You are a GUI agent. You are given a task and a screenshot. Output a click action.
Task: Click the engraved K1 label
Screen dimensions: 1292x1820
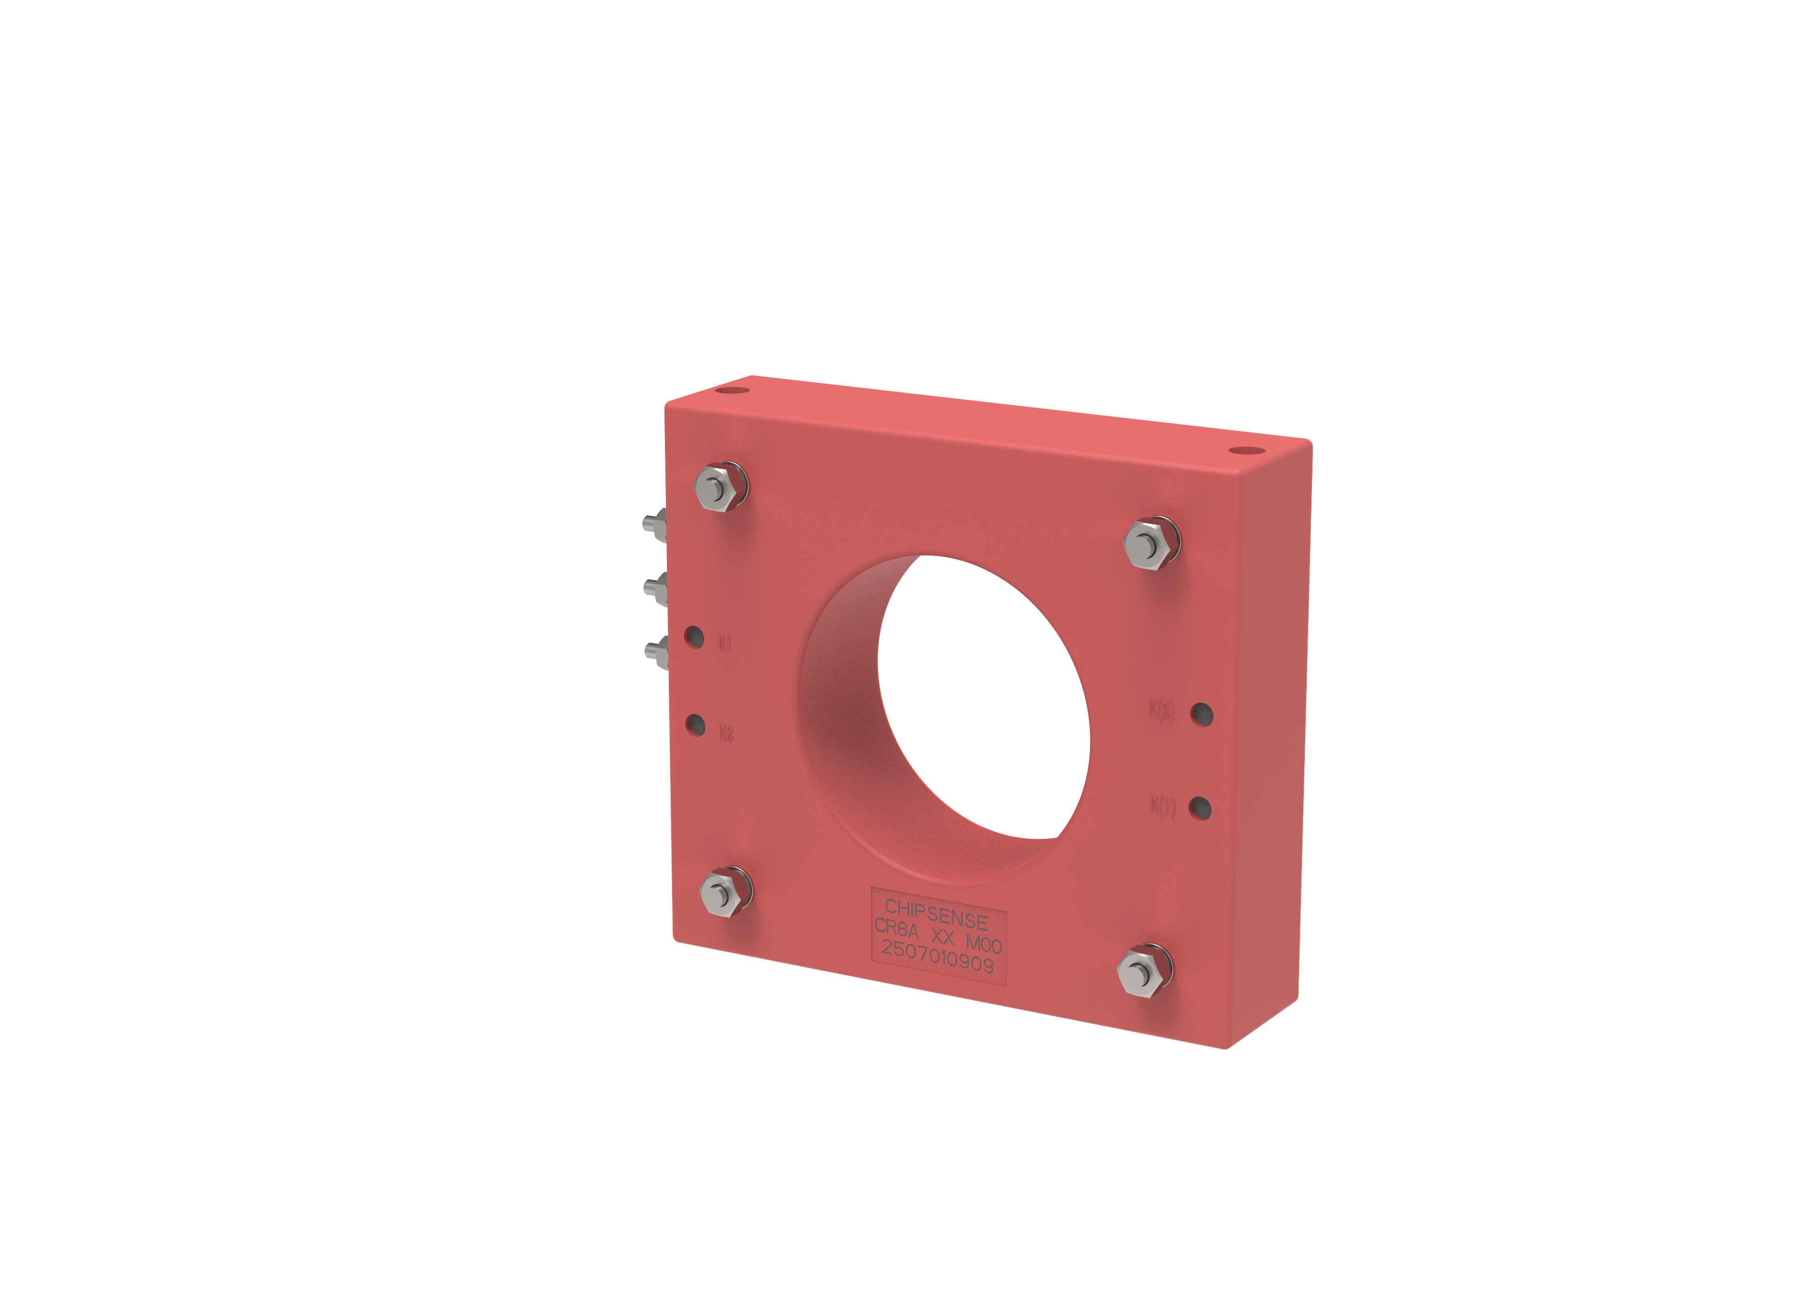pyautogui.click(x=725, y=643)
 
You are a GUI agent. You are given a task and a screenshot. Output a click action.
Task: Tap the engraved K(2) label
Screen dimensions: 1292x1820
pyautogui.click(x=1161, y=710)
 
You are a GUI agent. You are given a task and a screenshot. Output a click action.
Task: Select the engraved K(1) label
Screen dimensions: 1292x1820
pyautogui.click(x=1162, y=806)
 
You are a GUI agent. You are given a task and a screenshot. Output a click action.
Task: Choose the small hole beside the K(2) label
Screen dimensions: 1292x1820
pyautogui.click(x=1202, y=714)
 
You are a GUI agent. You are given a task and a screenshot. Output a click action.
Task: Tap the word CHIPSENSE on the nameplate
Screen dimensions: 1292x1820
pyautogui.click(x=936, y=913)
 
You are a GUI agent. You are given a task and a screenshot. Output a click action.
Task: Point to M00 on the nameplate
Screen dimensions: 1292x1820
pyautogui.click(x=983, y=944)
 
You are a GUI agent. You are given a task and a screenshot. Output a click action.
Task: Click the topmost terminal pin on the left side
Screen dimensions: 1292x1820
pyautogui.click(x=654, y=524)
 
